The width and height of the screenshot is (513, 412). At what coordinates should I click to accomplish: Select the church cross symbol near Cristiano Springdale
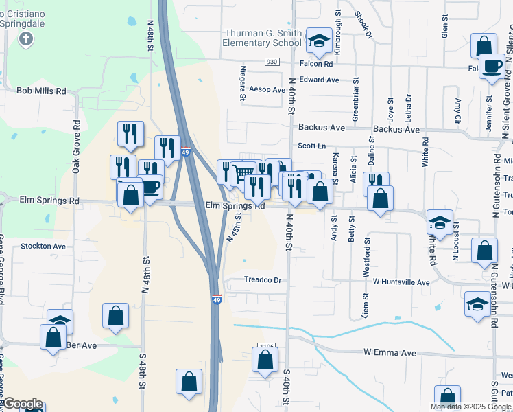[26, 38]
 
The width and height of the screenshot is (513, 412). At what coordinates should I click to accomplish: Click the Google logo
[23, 404]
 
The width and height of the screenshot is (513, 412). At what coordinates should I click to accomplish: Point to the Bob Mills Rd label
[41, 91]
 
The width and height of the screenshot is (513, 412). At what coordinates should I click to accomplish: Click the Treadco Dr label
[263, 280]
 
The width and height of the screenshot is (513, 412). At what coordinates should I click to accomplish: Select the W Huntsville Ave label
[401, 282]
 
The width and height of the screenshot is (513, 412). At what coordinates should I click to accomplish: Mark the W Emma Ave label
[390, 353]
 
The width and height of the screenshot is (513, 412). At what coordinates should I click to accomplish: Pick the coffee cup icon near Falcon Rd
[492, 66]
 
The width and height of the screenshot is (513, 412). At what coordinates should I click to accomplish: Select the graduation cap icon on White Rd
[440, 221]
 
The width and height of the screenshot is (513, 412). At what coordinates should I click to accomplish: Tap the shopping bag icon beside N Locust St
[484, 250]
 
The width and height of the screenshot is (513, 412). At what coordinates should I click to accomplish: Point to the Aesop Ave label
[267, 90]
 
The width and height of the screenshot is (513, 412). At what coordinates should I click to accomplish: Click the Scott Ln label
[311, 146]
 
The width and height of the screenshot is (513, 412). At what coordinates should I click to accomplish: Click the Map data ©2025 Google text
[471, 407]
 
